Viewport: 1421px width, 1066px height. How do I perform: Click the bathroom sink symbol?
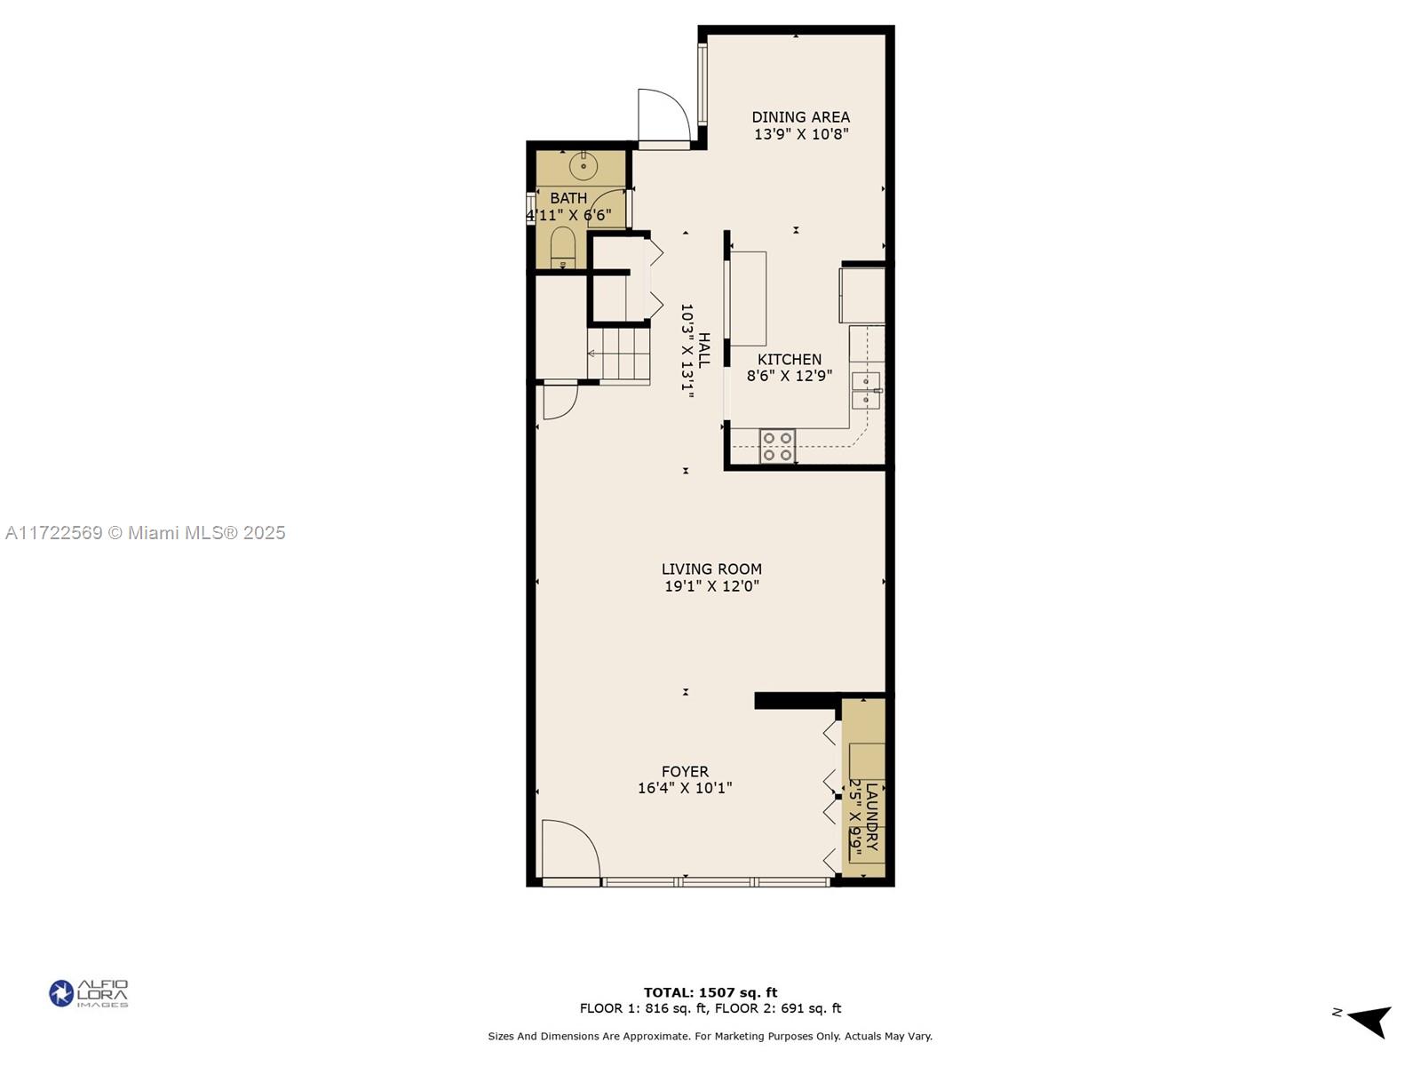tap(583, 166)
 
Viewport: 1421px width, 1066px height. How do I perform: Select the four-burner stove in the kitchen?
tap(777, 446)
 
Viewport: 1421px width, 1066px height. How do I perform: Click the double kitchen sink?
tap(865, 391)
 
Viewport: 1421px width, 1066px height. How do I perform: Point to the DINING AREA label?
tap(800, 117)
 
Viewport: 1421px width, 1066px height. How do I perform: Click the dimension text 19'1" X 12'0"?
tap(711, 586)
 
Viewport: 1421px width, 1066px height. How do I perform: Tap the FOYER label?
tap(685, 772)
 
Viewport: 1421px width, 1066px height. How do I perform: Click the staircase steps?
tap(619, 354)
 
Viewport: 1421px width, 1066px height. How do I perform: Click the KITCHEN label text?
tap(789, 360)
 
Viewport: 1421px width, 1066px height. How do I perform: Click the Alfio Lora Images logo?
tap(89, 993)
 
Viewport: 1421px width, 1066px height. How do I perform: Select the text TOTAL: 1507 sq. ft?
tap(710, 992)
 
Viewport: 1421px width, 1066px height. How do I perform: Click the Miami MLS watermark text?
tap(145, 533)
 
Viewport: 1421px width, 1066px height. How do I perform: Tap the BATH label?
tap(568, 198)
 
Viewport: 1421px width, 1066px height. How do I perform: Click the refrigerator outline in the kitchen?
tap(861, 295)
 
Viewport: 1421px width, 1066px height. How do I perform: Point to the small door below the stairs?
tap(560, 401)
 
